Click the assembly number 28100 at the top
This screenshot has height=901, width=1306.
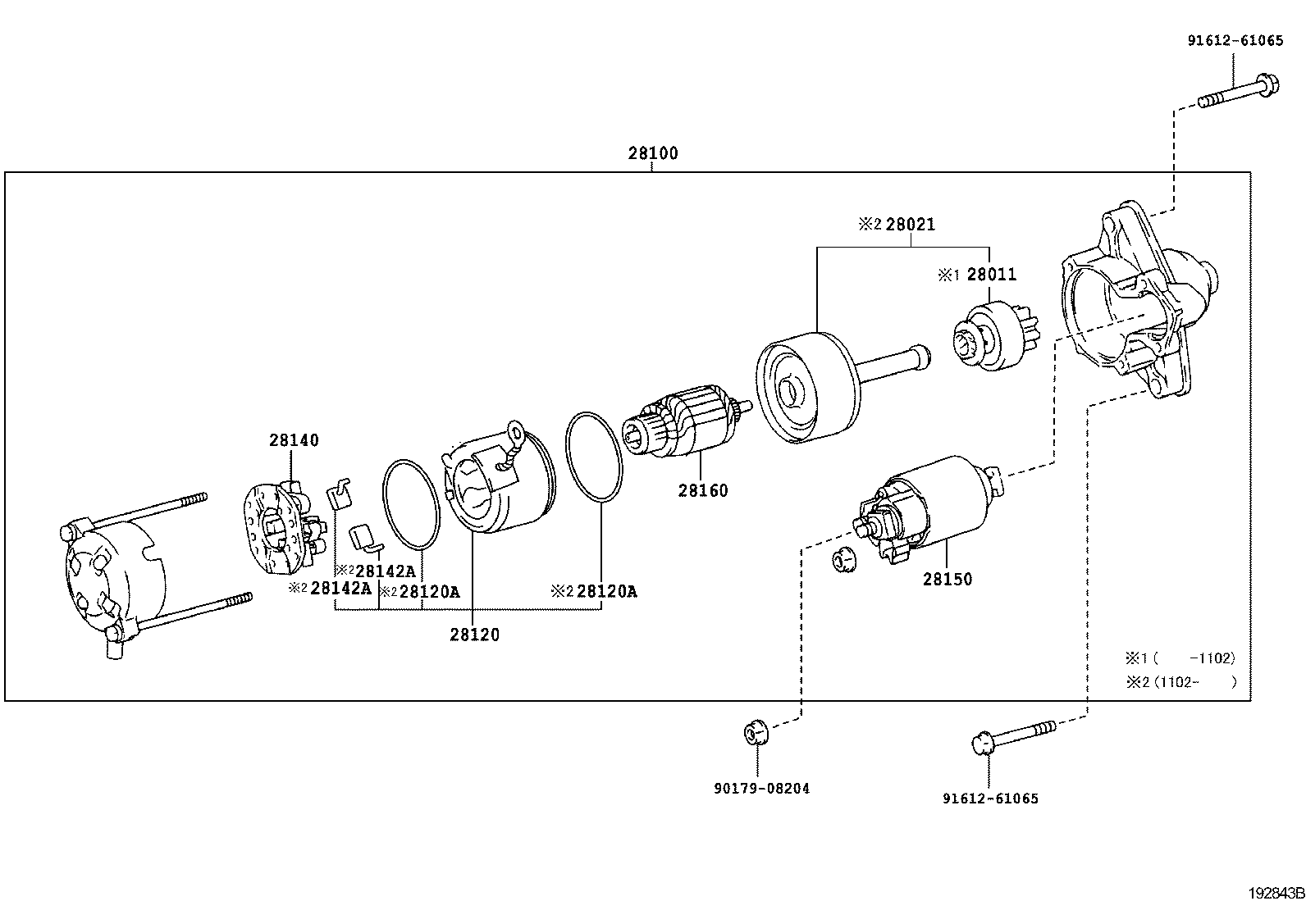point(653,153)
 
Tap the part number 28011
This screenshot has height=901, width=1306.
point(991,275)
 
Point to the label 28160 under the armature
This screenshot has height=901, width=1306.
point(703,491)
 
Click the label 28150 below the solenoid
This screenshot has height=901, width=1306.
point(948,580)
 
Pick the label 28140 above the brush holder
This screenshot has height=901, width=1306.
point(294,440)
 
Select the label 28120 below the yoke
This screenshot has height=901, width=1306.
point(474,635)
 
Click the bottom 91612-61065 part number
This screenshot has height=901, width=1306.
point(990,799)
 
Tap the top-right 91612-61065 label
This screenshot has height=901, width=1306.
point(1235,40)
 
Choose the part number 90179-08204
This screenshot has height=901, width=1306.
point(761,789)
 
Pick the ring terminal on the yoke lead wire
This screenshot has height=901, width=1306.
point(516,430)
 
